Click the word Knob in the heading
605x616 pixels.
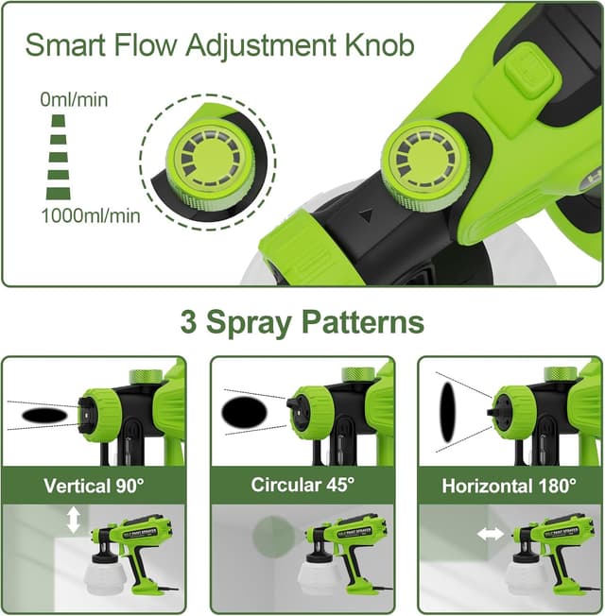click(380, 46)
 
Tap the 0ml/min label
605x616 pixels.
click(74, 100)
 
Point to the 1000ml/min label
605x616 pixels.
click(91, 216)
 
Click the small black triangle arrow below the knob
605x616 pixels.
click(367, 216)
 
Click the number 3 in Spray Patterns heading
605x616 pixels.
click(189, 321)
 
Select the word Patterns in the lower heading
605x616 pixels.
click(363, 322)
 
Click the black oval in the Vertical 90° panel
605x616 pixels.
click(44, 416)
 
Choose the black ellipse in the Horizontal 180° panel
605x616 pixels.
click(448, 412)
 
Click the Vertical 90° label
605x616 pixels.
click(94, 486)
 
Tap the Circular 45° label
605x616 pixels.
click(302, 486)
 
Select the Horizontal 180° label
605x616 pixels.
click(509, 486)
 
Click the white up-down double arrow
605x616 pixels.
click(74, 520)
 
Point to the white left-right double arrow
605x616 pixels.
click(491, 534)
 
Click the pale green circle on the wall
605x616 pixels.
click(273, 537)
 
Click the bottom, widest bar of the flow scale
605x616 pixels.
click(59, 194)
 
